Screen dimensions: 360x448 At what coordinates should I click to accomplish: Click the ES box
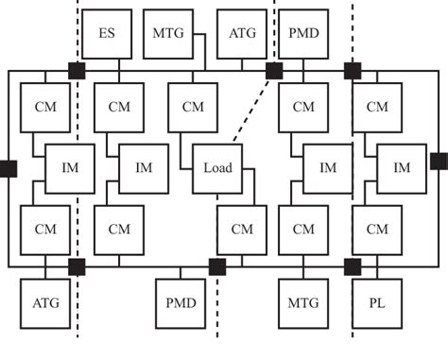[107, 33]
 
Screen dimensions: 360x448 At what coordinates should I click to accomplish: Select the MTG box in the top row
[168, 33]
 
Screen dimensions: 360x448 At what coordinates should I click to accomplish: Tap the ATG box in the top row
[241, 33]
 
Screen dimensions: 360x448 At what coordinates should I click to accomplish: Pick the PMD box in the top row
[303, 33]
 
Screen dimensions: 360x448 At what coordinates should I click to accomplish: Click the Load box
[217, 168]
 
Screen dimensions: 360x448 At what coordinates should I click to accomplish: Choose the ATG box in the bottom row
[45, 303]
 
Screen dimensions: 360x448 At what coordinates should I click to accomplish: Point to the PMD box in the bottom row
[181, 303]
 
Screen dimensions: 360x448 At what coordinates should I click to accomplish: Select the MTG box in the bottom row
[303, 303]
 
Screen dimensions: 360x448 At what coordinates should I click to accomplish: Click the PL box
[377, 303]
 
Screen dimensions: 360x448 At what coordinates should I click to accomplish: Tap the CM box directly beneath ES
[119, 107]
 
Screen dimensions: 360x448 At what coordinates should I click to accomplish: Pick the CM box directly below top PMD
[303, 107]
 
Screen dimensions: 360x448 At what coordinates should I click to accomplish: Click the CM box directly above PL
[377, 230]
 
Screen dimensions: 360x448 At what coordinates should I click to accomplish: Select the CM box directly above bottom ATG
[45, 230]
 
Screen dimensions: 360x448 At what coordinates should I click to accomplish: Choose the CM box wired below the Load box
[242, 230]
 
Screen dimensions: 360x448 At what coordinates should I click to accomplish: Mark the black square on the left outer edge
[8, 168]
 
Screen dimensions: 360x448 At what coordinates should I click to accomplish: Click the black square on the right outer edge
[439, 161]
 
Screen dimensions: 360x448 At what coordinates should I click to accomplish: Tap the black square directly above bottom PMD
[217, 266]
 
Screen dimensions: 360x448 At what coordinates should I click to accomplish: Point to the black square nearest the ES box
[78, 70]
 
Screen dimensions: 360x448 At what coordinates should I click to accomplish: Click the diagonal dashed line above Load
[250, 109]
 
